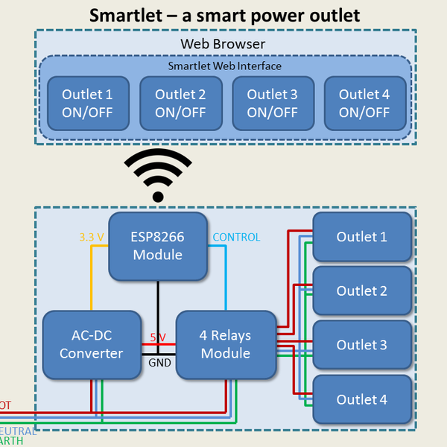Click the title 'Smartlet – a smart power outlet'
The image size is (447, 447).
[224, 15]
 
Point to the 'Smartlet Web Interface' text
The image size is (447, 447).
[224, 66]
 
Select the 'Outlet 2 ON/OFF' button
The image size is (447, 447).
[180, 104]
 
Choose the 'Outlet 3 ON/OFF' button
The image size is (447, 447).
[272, 104]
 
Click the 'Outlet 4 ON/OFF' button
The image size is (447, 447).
[364, 104]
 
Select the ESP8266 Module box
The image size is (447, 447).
[158, 246]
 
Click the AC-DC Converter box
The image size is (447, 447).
[91, 344]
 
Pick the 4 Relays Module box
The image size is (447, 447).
[224, 344]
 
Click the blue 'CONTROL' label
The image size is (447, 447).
[236, 238]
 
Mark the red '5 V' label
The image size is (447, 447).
[158, 337]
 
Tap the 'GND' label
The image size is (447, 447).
[159, 364]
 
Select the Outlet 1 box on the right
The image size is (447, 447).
[362, 237]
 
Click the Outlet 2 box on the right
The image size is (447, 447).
[362, 291]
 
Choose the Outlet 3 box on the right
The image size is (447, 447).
[362, 345]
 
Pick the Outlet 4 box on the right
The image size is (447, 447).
[362, 400]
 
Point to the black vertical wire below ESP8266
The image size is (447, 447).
[157, 305]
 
